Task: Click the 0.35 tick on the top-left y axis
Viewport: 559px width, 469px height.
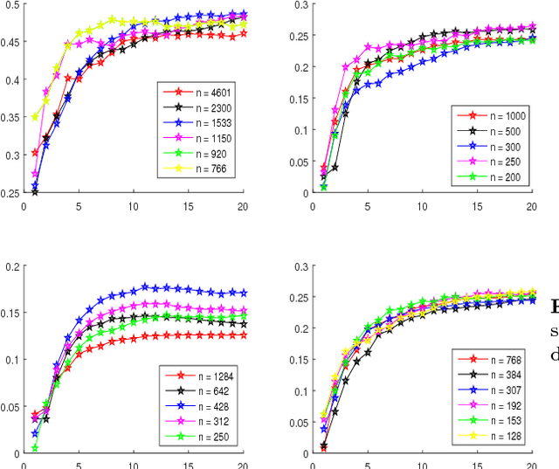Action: tap(10, 117)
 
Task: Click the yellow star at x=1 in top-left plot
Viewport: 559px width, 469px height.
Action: tap(35, 117)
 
